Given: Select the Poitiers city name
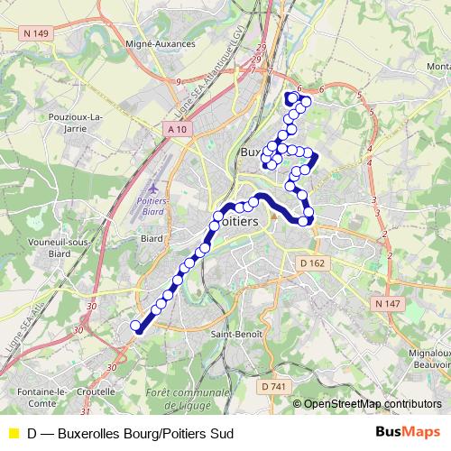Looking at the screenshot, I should pos(236,221).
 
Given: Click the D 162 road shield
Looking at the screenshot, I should pos(311,262).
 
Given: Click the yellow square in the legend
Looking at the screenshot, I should pos(13,434).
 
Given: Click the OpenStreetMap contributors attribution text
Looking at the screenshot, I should pos(373,403).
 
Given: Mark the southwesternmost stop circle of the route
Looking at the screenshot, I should pos(136,326).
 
